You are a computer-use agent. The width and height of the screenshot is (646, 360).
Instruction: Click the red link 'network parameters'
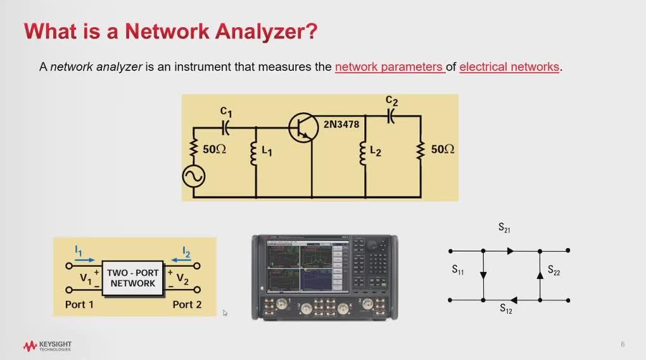[x=389, y=67]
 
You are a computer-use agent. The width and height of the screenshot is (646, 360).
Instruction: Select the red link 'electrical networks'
[x=509, y=67]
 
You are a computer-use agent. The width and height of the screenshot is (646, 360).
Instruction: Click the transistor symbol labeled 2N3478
[x=302, y=127]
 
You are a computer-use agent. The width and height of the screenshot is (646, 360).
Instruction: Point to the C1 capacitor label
[x=226, y=112]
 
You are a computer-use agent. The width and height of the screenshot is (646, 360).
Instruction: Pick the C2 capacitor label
[x=392, y=101]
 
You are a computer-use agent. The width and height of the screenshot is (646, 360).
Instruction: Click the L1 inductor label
[x=267, y=151]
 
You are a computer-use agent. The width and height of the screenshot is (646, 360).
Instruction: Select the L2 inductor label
[x=376, y=151]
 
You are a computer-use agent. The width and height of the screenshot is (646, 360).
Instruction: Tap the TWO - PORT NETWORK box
[x=132, y=278]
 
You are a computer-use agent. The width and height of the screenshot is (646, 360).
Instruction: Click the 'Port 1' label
[x=79, y=304]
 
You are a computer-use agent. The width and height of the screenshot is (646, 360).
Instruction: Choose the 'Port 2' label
[x=187, y=304]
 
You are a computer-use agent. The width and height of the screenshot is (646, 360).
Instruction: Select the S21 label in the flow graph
[x=504, y=228]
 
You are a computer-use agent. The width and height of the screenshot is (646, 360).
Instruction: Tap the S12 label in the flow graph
[x=506, y=309]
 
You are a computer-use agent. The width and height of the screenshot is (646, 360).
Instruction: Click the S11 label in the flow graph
[x=458, y=270]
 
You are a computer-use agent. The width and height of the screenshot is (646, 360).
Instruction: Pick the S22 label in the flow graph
[x=554, y=270]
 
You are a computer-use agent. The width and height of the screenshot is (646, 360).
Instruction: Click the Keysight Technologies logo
[x=47, y=346]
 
